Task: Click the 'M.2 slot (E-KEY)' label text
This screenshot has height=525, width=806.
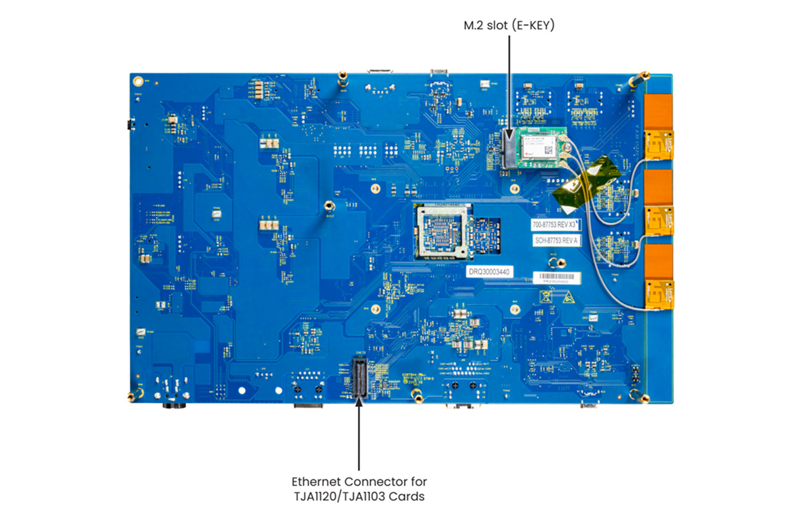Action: [509, 25]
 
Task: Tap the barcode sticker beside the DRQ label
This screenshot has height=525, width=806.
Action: [557, 278]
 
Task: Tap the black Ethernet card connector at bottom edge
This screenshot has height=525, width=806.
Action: [358, 377]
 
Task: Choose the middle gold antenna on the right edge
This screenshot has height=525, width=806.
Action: [659, 219]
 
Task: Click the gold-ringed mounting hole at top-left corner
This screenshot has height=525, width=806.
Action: [138, 81]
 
